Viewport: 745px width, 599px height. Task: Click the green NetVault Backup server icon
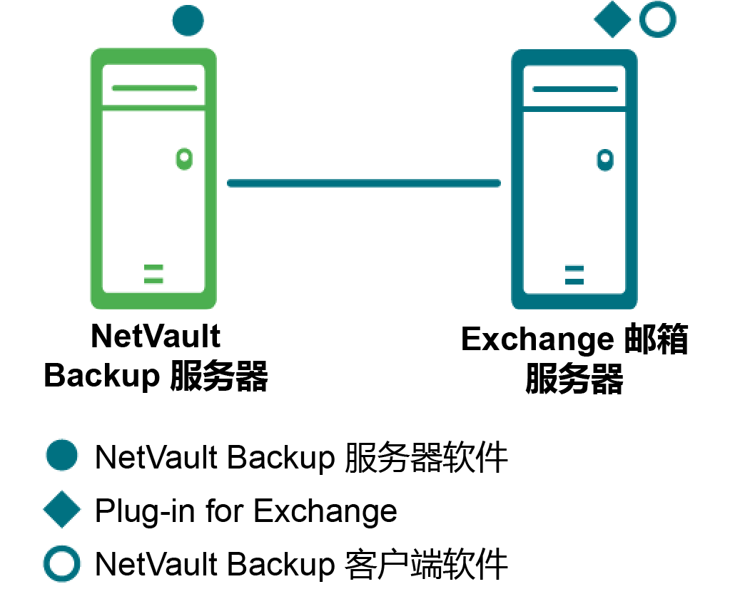pyautogui.click(x=153, y=178)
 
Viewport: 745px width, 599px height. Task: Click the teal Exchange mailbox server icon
pyautogui.click(x=574, y=178)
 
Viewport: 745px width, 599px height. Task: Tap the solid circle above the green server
pyautogui.click(x=188, y=20)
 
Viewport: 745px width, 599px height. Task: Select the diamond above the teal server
pyautogui.click(x=612, y=20)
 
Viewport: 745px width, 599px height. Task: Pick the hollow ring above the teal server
pyautogui.click(x=657, y=20)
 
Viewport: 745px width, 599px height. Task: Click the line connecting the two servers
pyautogui.click(x=363, y=183)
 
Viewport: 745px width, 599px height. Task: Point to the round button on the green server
pyautogui.click(x=184, y=158)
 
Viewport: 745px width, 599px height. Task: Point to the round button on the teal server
pyautogui.click(x=605, y=158)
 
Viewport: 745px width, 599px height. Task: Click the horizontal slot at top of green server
pyautogui.click(x=153, y=88)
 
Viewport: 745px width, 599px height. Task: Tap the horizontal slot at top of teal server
pyautogui.click(x=574, y=89)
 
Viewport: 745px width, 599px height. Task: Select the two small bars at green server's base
pyautogui.click(x=153, y=275)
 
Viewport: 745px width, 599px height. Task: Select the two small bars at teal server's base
pyautogui.click(x=574, y=275)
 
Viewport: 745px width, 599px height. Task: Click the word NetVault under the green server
pyautogui.click(x=156, y=337)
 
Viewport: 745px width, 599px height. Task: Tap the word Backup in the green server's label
pyautogui.click(x=102, y=375)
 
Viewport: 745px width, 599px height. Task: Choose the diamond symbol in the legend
pyautogui.click(x=61, y=510)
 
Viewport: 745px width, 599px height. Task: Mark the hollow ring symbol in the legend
pyautogui.click(x=61, y=563)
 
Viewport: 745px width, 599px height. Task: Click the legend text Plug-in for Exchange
pyautogui.click(x=245, y=511)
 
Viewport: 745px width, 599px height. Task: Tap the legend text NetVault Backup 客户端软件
pyautogui.click(x=301, y=564)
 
